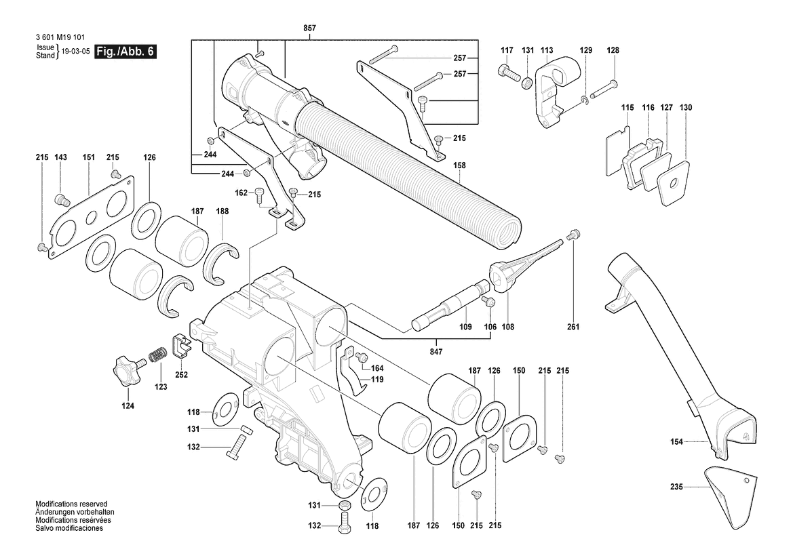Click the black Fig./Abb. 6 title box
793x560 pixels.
[125, 52]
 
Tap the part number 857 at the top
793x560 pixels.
[309, 28]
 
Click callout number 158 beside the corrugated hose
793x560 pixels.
[459, 165]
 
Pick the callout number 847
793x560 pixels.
[436, 352]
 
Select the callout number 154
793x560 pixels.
[676, 442]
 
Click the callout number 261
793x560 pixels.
[573, 327]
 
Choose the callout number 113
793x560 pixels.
[547, 50]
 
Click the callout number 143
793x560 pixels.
[60, 158]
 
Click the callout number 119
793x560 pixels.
[376, 380]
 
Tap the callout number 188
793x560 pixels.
[222, 212]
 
